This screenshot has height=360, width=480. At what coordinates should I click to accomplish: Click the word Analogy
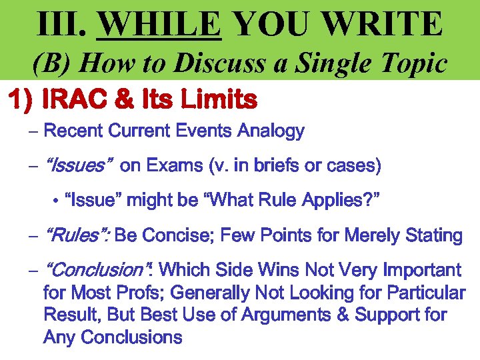click(272, 131)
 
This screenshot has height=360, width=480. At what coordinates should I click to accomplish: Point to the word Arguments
click(286, 315)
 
